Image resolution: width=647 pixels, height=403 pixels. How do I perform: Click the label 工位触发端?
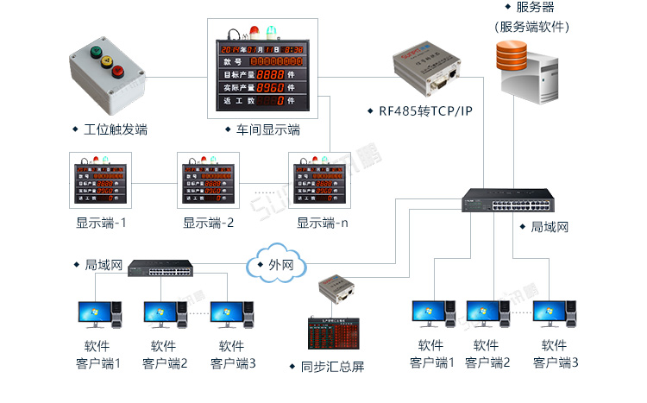(116, 129)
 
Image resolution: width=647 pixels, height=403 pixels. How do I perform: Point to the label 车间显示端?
(268, 130)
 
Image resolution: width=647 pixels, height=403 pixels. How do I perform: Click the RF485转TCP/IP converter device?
(426, 72)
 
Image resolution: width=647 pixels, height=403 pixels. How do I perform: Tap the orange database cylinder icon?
(514, 55)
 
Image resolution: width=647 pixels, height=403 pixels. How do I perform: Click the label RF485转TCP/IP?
(426, 111)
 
